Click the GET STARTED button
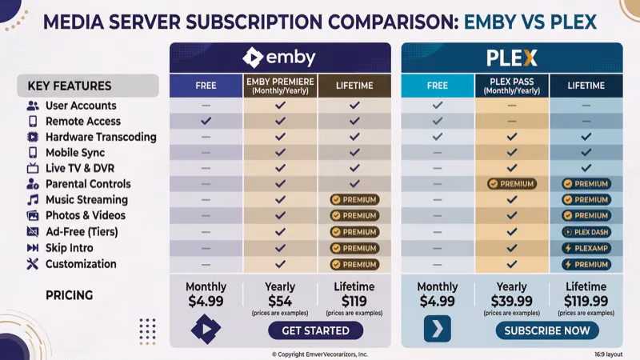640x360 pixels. pyautogui.click(x=315, y=330)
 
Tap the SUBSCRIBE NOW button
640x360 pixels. pyautogui.click(x=546, y=330)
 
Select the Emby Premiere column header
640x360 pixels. pyautogui.click(x=280, y=86)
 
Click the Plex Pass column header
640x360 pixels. pyautogui.click(x=511, y=86)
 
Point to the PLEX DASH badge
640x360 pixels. pyautogui.click(x=586, y=232)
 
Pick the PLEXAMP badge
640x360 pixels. pyautogui.click(x=586, y=248)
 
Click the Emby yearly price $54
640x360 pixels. pyautogui.click(x=280, y=301)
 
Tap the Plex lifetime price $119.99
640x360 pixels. pyautogui.click(x=586, y=301)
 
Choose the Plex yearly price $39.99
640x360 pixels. pyautogui.click(x=511, y=301)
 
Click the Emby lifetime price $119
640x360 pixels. pyautogui.click(x=353, y=301)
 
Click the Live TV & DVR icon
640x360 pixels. pyautogui.click(x=33, y=168)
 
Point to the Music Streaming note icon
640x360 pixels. pyautogui.click(x=33, y=200)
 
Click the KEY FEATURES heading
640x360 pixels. pyautogui.click(x=70, y=86)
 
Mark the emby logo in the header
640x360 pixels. pyautogui.click(x=280, y=58)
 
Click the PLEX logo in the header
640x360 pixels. pyautogui.click(x=511, y=58)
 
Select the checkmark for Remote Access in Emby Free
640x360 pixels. pyautogui.click(x=206, y=121)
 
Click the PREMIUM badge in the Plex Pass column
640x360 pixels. pyautogui.click(x=511, y=184)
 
